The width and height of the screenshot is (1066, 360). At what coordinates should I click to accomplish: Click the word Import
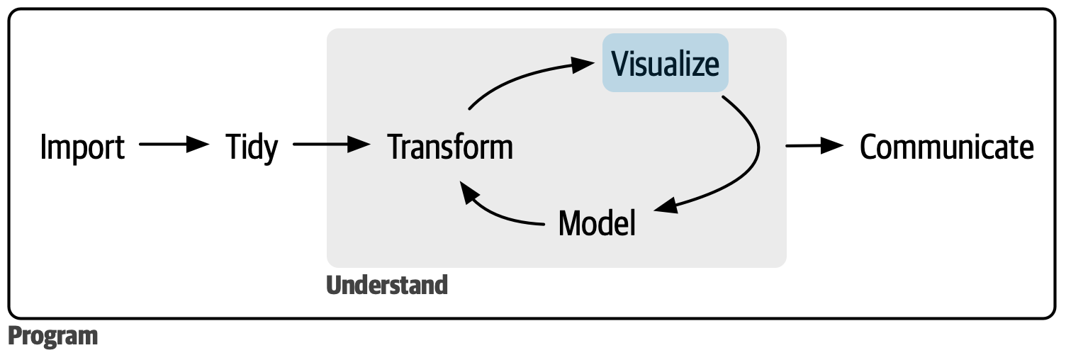pos(82,147)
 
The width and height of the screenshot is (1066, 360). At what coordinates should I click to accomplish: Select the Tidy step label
pos(252,147)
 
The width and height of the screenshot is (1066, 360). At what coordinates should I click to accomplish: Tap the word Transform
pos(450,147)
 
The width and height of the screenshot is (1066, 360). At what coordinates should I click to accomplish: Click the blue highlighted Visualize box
pos(665,64)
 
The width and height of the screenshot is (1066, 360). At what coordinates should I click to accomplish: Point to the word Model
pos(597,223)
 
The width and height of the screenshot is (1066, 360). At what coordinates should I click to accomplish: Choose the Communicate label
pos(946,147)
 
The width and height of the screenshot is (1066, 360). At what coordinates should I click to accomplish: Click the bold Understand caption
pos(387,285)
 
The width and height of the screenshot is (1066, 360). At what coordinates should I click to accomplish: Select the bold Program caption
pos(53,336)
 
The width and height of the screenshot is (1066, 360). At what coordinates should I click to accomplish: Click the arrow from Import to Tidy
pos(174,145)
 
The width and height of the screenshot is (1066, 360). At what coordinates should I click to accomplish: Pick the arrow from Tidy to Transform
pos(332,145)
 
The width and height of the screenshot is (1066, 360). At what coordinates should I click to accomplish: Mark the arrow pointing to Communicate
pos(815,145)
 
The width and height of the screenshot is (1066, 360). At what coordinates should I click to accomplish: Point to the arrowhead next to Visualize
pos(582,64)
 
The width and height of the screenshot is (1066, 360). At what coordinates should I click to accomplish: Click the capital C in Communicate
pos(870,147)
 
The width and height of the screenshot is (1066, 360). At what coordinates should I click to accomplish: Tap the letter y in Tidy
pos(269,150)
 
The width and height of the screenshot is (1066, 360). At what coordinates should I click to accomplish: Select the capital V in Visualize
pos(619,64)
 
